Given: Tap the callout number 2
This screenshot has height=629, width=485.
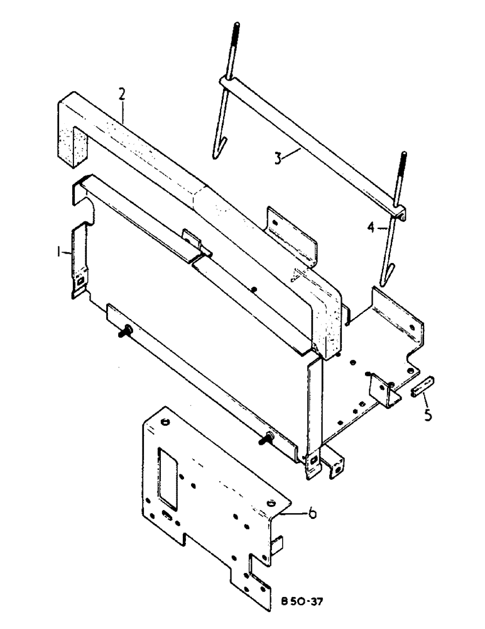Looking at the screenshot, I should tap(122, 94).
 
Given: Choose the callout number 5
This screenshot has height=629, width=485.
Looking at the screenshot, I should tap(427, 415).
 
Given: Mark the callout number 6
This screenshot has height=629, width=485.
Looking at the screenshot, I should tap(312, 514).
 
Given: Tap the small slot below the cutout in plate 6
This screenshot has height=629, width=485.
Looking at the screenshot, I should tap(167, 515).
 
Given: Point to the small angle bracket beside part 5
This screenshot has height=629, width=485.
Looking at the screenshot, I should tap(383, 391).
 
